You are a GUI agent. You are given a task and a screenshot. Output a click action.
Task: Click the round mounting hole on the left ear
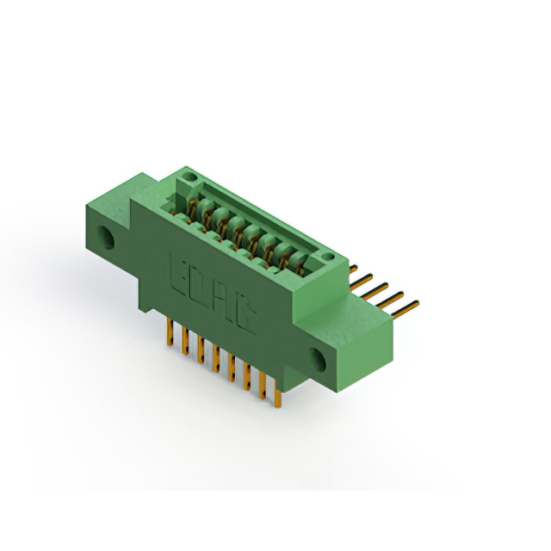[105, 238]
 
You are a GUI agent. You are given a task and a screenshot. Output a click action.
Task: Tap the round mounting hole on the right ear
[318, 359]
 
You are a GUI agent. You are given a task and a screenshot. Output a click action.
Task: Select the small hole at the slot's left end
[189, 176]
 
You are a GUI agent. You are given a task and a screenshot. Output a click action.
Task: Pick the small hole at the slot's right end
[327, 257]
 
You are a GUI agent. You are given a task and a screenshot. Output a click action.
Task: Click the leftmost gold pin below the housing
[170, 332]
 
